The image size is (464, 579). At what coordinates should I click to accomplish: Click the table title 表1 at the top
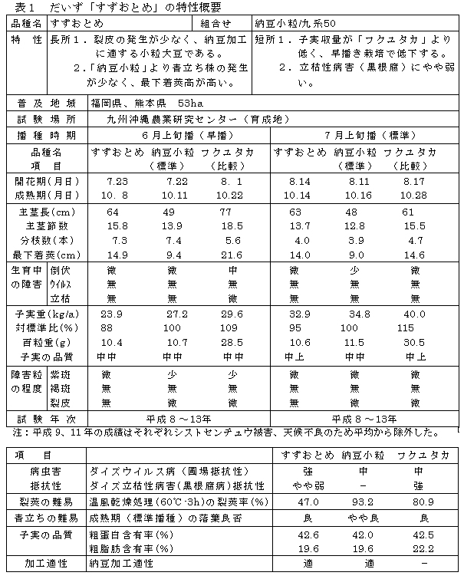15,8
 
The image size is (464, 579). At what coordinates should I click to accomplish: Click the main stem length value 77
226,212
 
